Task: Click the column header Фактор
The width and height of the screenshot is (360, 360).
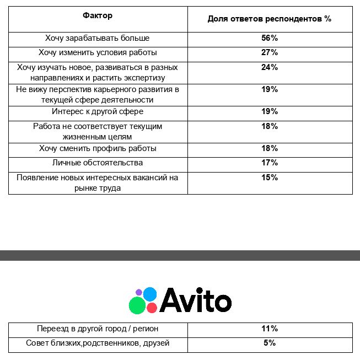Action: (x=98, y=15)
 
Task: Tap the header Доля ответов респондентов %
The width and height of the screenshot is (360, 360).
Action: (x=270, y=19)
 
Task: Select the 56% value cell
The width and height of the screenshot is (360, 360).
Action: (x=270, y=39)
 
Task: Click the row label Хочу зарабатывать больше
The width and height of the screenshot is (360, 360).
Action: (x=98, y=39)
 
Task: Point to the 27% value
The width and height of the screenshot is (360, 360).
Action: (x=270, y=53)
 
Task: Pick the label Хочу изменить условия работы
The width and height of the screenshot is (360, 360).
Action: (x=98, y=53)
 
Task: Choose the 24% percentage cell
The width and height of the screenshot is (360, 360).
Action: (x=270, y=67)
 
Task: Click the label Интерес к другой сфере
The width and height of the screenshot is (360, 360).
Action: (x=98, y=111)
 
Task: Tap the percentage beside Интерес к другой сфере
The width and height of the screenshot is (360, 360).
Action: (x=270, y=111)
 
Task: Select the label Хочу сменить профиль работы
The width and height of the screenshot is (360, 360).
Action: (x=98, y=148)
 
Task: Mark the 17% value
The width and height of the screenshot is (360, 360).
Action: (x=270, y=163)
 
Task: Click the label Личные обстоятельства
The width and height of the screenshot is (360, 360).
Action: (x=98, y=163)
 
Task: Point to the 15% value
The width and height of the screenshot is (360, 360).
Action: (x=270, y=178)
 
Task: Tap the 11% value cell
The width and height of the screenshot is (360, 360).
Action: (x=270, y=329)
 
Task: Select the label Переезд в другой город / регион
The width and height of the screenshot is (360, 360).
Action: (x=98, y=329)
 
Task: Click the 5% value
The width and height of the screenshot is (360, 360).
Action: (x=270, y=343)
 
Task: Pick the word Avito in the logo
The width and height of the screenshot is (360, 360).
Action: (x=196, y=301)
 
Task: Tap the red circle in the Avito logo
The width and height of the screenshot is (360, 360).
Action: (x=152, y=308)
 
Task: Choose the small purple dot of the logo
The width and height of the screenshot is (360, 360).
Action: (x=139, y=292)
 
